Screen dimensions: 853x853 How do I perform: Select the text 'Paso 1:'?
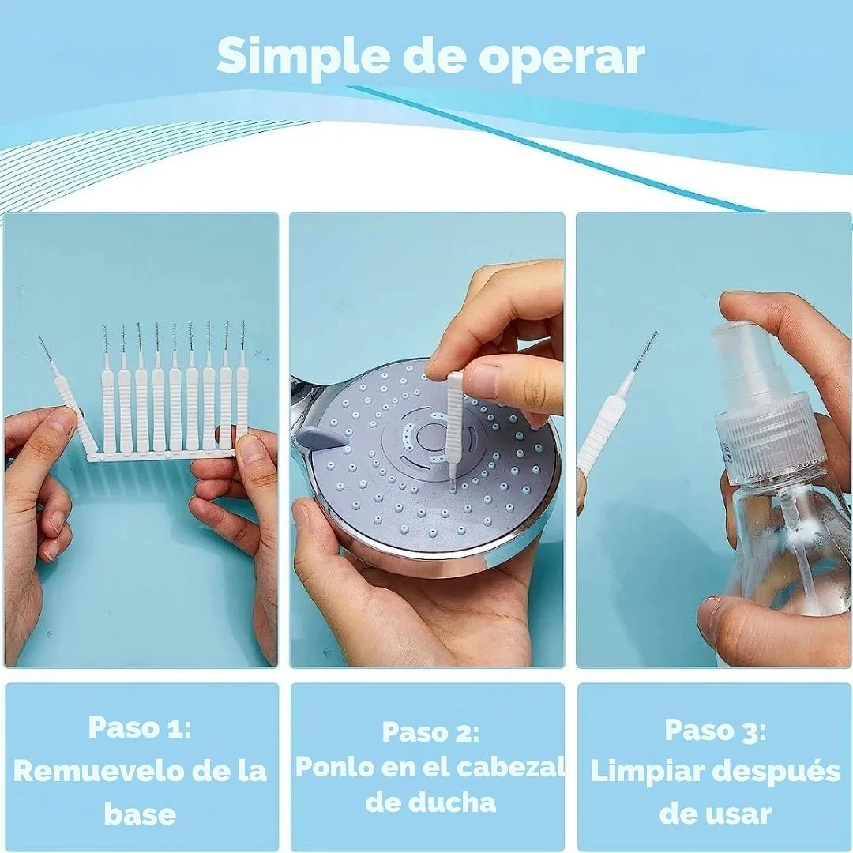coord(140,727)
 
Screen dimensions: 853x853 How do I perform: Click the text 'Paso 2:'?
coord(430,731)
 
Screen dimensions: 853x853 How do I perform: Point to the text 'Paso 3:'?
coord(716,730)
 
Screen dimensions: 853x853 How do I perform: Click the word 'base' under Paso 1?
coord(140,814)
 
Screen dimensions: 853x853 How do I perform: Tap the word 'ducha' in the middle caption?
coord(430,802)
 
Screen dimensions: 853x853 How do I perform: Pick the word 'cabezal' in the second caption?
coord(509,767)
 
